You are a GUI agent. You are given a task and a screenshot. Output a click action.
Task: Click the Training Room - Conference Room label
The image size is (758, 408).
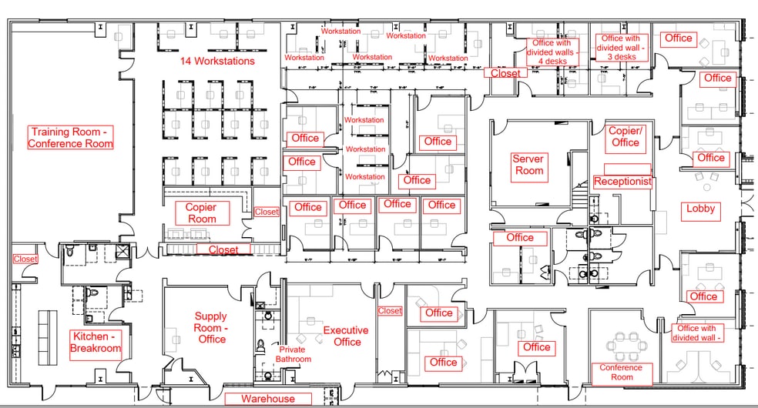[x=70, y=138]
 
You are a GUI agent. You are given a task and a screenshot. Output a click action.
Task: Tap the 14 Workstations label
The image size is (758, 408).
[x=217, y=61]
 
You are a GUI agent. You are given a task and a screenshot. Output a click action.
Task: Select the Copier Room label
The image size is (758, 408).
[x=201, y=213]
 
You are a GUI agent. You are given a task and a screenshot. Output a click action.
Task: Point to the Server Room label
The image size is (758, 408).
[x=529, y=165]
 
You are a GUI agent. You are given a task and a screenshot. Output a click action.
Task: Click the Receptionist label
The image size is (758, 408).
[x=622, y=182]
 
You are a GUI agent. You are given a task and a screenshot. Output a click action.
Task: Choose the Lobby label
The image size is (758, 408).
[x=700, y=209]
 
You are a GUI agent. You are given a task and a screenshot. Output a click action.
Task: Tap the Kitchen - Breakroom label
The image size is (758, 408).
[x=96, y=343]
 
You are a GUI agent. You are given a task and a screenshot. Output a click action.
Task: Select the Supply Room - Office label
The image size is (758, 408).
[x=210, y=327]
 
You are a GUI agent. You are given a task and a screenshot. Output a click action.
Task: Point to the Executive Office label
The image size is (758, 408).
[x=347, y=336]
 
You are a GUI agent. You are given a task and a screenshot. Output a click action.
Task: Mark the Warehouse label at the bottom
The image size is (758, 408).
[x=267, y=399]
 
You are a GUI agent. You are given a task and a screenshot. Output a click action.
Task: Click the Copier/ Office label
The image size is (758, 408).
[x=625, y=137]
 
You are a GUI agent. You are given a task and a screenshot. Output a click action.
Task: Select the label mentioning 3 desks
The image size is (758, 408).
[x=620, y=47]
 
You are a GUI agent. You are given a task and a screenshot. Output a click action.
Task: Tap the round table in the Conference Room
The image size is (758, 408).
[x=622, y=341]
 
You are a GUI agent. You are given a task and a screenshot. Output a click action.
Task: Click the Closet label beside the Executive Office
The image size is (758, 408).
[x=390, y=311]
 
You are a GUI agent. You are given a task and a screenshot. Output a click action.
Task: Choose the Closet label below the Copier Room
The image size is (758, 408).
[x=223, y=249]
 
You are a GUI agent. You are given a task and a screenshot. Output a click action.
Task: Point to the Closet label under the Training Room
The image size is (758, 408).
[x=25, y=259]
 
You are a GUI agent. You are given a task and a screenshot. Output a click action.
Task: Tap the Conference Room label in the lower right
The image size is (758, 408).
[x=621, y=373]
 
